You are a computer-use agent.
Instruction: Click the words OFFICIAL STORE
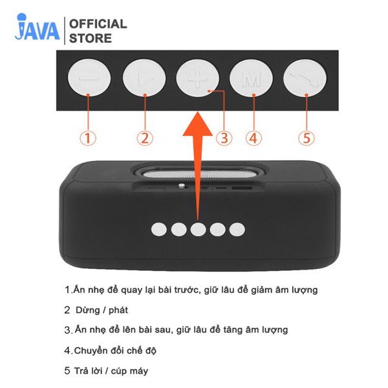tap(98, 31)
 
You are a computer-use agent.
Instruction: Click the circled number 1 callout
tap(88, 138)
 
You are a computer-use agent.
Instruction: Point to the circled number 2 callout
tap(145, 138)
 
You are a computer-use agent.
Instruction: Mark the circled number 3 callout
tap(224, 138)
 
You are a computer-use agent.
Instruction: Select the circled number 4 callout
tap(253, 138)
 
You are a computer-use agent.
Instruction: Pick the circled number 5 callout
tap(307, 138)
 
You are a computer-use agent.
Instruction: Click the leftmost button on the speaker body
tap(158, 229)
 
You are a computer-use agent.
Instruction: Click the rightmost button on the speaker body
tap(238, 229)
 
